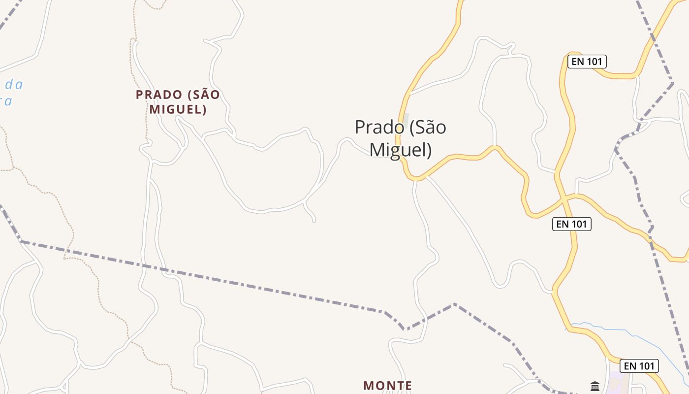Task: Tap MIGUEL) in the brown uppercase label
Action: tap(178, 109)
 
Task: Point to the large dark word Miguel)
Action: tap(400, 150)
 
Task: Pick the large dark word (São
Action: tap(427, 128)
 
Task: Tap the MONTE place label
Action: tap(387, 386)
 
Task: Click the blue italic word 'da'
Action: tap(14, 85)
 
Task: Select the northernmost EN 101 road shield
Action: tap(587, 62)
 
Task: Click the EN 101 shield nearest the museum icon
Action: tap(639, 366)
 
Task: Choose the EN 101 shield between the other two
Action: tap(571, 224)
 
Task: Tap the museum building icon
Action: tap(595, 386)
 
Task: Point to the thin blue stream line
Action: tap(635, 335)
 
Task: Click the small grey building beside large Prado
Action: tap(406, 118)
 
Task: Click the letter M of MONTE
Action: tap(368, 386)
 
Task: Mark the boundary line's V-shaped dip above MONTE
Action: tap(405, 329)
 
